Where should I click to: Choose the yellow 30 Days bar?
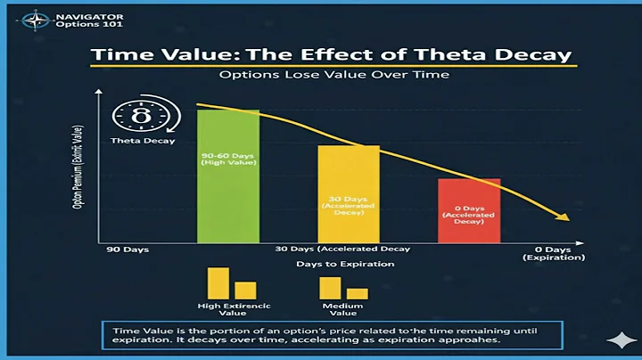click(x=349, y=193)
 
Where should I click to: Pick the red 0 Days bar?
click(x=469, y=210)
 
